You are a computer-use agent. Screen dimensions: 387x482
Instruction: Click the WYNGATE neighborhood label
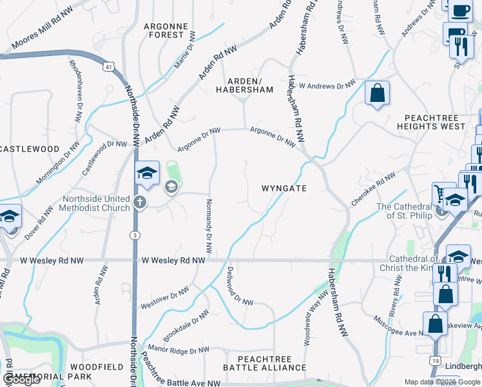tap(284, 188)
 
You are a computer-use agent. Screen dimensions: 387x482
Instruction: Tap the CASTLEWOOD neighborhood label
tap(29, 149)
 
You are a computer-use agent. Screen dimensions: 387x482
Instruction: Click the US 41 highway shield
tap(108, 66)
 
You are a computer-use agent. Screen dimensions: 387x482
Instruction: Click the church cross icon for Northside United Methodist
tap(140, 203)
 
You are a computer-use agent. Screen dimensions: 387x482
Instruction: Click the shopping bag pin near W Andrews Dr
tap(377, 93)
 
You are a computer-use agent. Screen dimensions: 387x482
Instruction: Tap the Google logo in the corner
tap(21, 380)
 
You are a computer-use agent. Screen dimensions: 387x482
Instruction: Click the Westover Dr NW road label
tap(166, 295)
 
